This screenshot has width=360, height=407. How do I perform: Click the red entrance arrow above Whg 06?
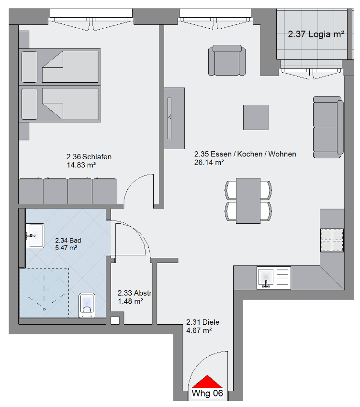207,382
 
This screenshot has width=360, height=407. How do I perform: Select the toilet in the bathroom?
87,305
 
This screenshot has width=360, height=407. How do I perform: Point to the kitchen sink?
266,278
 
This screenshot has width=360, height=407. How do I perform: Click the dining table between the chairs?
248,200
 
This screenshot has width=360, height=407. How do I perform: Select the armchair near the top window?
228,61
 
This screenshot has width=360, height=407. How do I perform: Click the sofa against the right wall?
328,126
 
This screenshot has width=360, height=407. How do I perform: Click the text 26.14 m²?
209,163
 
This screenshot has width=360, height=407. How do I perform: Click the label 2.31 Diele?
202,322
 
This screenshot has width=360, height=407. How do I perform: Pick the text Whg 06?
207,394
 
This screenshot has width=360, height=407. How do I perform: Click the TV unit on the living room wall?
174,119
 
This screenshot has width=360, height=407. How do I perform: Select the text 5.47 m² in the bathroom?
66,248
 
